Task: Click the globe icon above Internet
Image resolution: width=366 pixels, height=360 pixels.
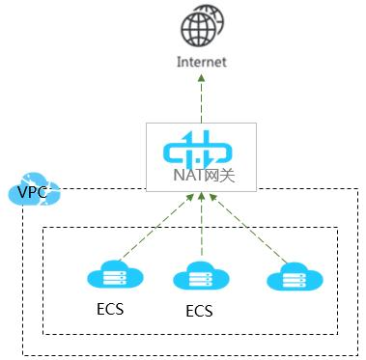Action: point(202,26)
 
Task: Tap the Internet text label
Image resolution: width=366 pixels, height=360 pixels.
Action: point(202,62)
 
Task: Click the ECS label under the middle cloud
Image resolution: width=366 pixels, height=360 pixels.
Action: point(199,313)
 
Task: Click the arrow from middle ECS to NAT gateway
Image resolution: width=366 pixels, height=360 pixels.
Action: point(201,230)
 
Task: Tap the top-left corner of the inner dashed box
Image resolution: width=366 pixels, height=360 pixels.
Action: point(44,229)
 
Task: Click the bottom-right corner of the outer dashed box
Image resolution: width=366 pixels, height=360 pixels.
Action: point(357,354)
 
